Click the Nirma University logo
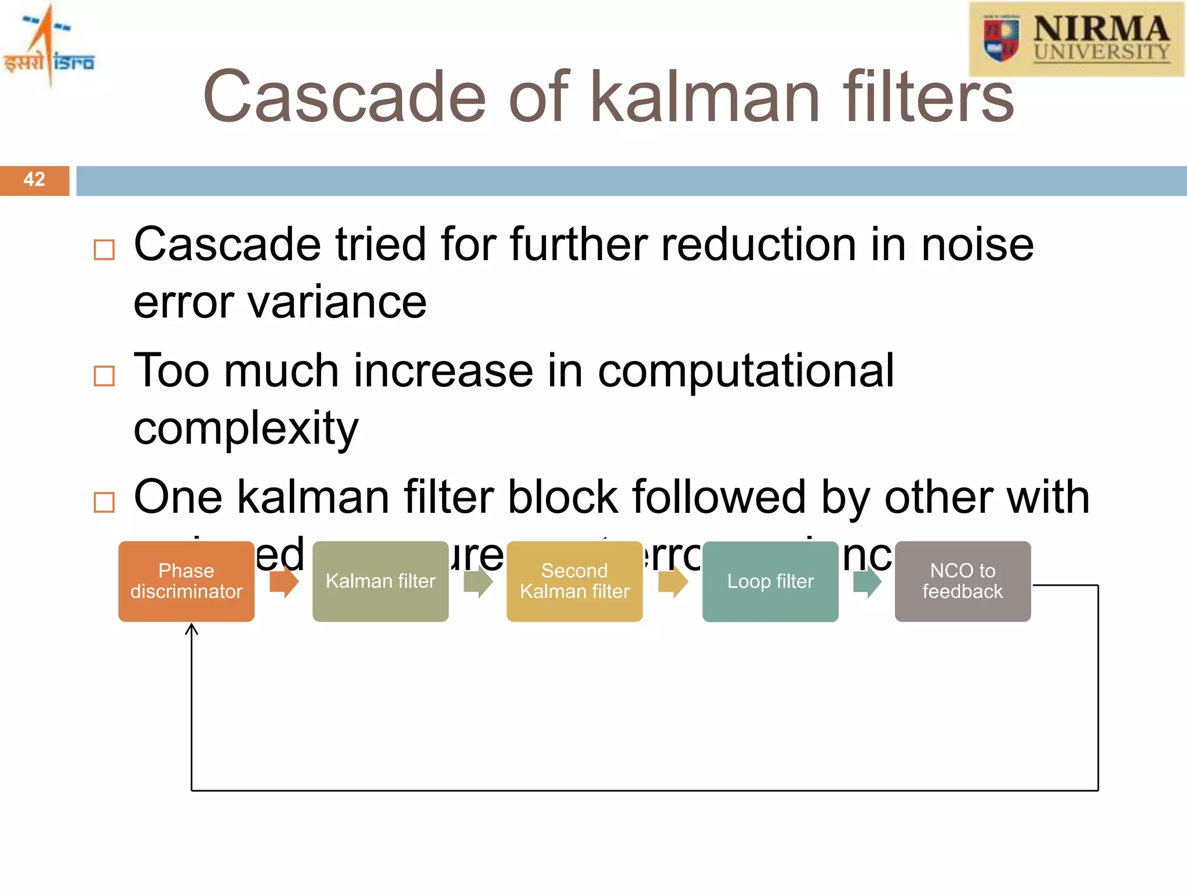[x=1076, y=39]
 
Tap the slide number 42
[x=34, y=180]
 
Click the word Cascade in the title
[x=345, y=97]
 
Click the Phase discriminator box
[x=186, y=581]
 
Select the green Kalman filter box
[x=380, y=581]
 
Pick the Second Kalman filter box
[x=574, y=581]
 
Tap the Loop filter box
[x=770, y=581]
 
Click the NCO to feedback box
[x=963, y=581]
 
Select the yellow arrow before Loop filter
[x=673, y=582]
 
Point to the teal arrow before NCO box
[x=867, y=582]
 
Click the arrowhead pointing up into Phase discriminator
[x=192, y=629]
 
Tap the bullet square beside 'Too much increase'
[x=104, y=375]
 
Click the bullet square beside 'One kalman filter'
[x=104, y=502]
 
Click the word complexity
[x=246, y=429]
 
